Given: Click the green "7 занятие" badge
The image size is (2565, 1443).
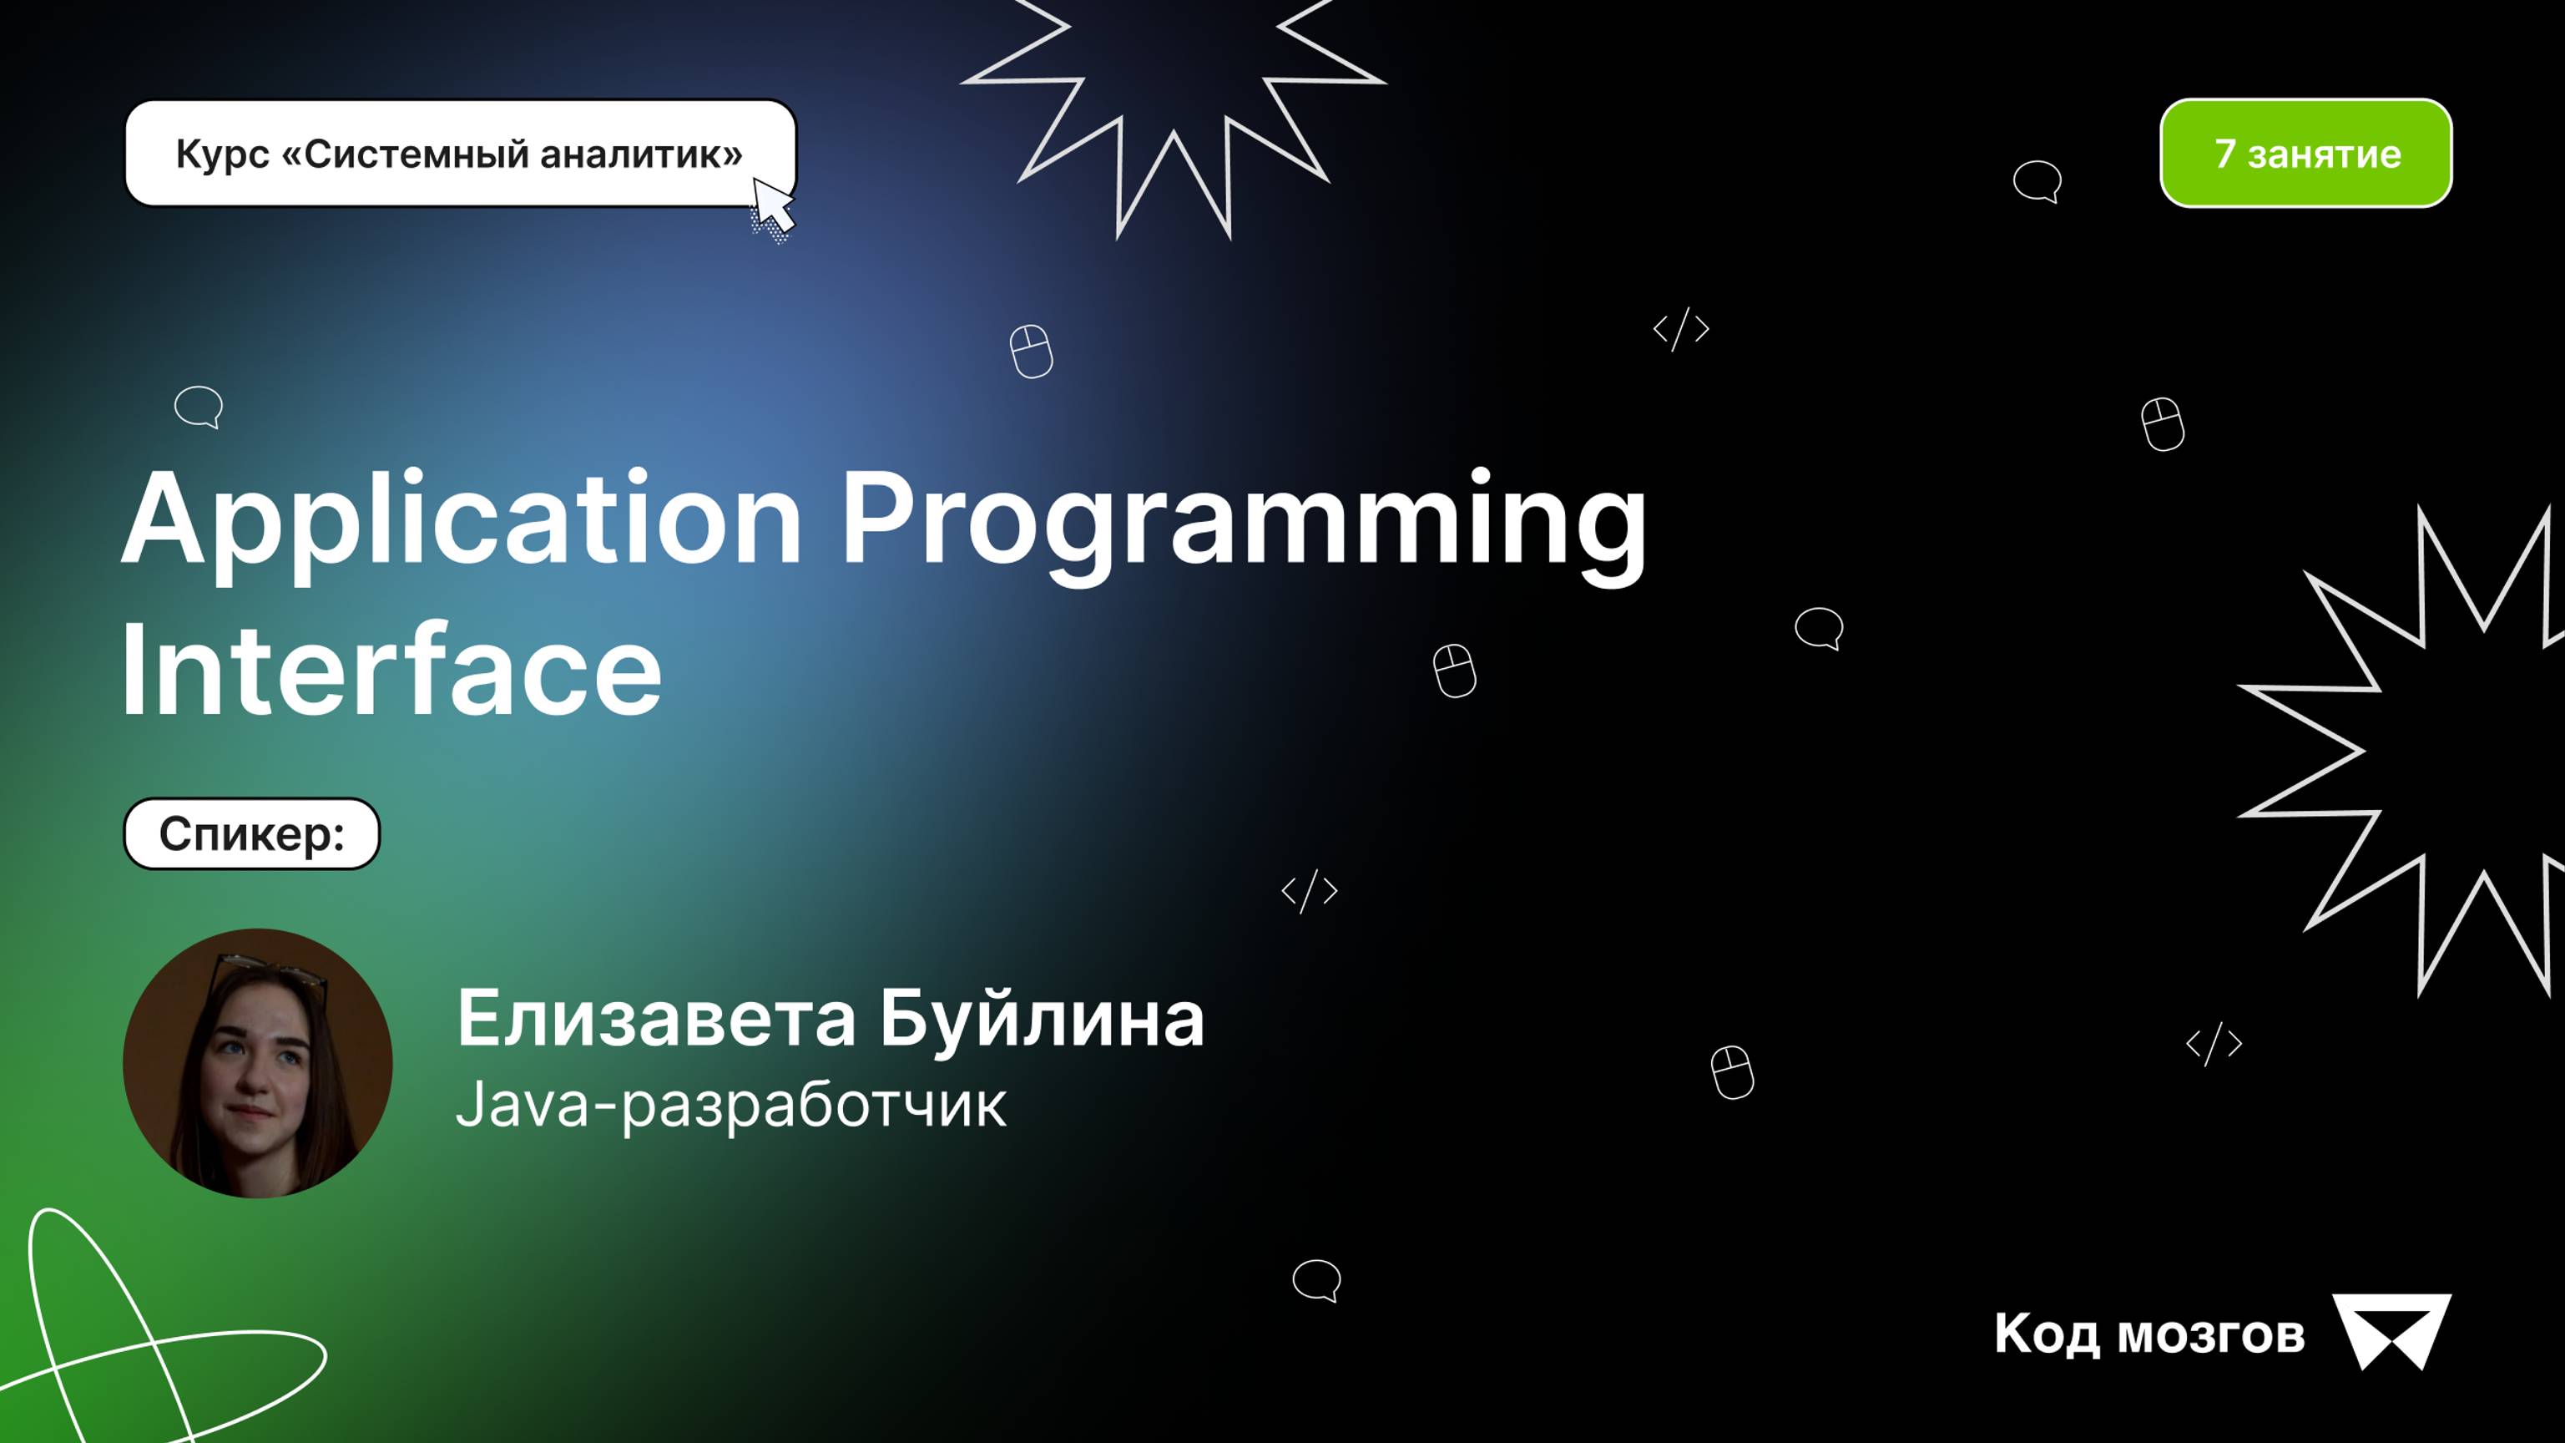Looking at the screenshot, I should pos(2305,154).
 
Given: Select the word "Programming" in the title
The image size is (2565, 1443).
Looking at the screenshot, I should pos(1243,523).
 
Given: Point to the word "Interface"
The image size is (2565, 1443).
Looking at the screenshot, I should pos(391,669).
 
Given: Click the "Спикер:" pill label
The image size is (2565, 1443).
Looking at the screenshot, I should pos(252,833).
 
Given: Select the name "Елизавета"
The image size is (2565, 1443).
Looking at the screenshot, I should pos(656,1019).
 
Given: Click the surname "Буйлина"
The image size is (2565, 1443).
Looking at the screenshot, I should pos(1042,1019).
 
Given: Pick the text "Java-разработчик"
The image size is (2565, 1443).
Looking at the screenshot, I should pos(730,1106).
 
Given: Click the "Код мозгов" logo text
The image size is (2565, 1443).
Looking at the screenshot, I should pos(2148,1334).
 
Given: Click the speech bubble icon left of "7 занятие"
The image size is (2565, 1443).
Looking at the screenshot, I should pos(2037,181).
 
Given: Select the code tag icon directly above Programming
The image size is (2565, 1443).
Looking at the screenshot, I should pos(1681,329).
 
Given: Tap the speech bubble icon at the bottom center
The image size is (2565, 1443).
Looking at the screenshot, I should pos(1316,1279).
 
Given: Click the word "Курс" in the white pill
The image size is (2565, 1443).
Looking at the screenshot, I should pos(222,154).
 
